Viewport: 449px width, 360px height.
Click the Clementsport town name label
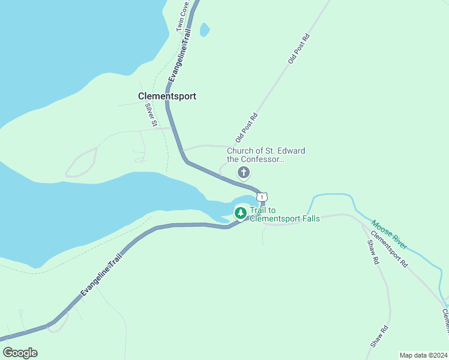point(167,96)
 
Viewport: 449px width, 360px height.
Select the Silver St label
point(151,115)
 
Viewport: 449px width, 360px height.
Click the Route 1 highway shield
point(262,197)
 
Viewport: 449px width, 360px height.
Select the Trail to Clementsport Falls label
point(285,215)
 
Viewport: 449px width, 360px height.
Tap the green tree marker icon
point(240,213)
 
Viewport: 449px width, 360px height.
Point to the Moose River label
point(388,233)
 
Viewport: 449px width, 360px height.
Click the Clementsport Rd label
point(389,250)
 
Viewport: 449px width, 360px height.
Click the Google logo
point(20,353)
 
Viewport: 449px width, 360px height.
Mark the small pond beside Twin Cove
point(205,29)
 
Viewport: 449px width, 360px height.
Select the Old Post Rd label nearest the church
point(246,127)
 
